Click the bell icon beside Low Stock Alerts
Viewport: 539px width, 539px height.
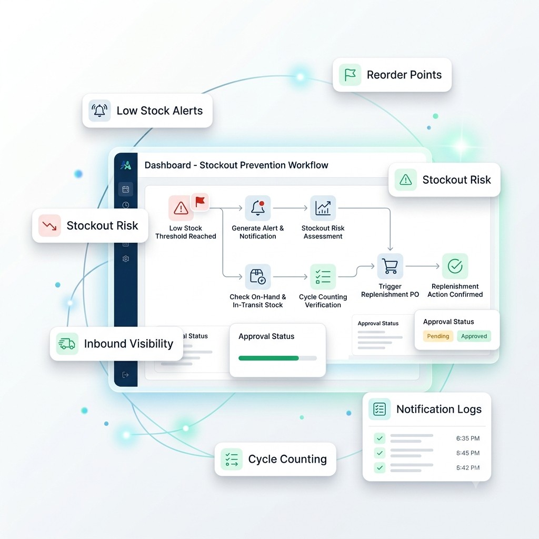point(99,111)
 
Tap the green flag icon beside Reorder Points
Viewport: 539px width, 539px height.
point(350,75)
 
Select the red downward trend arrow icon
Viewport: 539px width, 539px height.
point(49,225)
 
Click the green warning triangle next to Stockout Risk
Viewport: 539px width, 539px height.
point(406,179)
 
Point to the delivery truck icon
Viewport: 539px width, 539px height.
point(67,343)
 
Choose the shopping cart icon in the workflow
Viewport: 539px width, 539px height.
point(390,266)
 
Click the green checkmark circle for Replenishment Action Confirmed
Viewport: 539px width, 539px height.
point(455,266)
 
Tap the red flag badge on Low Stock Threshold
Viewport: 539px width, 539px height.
point(199,202)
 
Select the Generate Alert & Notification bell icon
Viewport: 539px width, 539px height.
point(258,208)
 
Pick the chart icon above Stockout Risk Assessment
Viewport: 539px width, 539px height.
point(323,208)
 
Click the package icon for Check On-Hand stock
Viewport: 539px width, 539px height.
point(258,277)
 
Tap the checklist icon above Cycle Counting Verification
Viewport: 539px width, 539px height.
point(323,277)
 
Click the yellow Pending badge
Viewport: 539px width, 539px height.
point(438,336)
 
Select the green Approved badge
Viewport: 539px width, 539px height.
point(474,336)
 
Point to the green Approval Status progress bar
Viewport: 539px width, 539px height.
point(268,358)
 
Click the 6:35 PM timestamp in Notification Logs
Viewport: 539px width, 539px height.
point(468,438)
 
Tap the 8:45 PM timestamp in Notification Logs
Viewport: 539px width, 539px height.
point(468,453)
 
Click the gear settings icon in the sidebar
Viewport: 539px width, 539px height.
point(126,258)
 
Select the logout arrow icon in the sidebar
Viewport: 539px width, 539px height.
point(125,375)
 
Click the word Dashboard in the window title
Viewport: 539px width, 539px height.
point(168,165)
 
